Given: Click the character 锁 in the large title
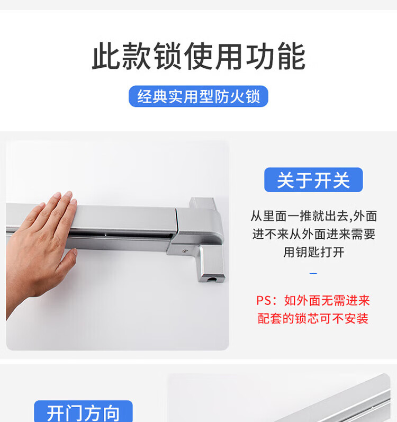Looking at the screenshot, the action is [167, 56].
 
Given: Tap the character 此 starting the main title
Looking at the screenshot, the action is [106, 56].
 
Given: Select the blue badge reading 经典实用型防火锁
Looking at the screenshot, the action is [198, 96].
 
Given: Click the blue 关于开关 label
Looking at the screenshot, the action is [313, 180].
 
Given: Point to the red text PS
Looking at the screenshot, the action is [264, 301].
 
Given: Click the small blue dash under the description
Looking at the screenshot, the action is [313, 273].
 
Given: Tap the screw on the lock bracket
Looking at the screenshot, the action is [185, 252].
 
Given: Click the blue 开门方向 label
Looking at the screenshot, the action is [84, 412].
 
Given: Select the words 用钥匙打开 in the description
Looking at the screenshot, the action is [314, 252].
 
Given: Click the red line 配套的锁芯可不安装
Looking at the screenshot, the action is [313, 319].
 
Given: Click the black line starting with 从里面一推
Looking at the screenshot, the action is [314, 216].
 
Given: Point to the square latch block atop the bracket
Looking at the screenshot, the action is [203, 203].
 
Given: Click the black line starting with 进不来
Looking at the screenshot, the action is [314, 234].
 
